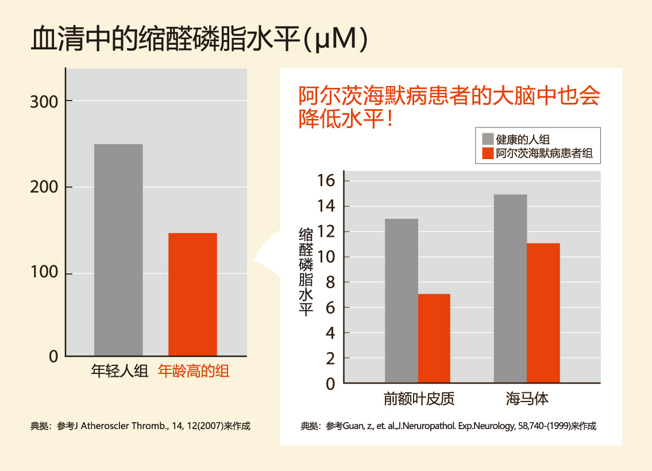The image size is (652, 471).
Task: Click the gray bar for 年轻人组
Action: pyautogui.click(x=118, y=250)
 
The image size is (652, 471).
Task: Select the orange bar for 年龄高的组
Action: pyautogui.click(x=192, y=294)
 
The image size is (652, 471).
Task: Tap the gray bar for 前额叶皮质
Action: pyautogui.click(x=402, y=300)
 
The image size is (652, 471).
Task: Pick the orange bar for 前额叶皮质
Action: pyautogui.click(x=434, y=338)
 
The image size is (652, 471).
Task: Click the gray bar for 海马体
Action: pyautogui.click(x=510, y=288)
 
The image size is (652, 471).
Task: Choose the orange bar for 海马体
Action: pyautogui.click(x=543, y=313)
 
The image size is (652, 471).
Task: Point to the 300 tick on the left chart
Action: pyautogui.click(x=44, y=102)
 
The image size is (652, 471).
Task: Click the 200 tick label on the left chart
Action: pyautogui.click(x=44, y=188)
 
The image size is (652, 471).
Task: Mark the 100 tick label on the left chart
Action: pyautogui.click(x=44, y=273)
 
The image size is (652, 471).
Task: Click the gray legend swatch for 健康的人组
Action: pyautogui.click(x=488, y=139)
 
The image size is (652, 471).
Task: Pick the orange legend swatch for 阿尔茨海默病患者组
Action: pyautogui.click(x=488, y=153)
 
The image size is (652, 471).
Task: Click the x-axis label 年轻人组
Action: pyautogui.click(x=120, y=372)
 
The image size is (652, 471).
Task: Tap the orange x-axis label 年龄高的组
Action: pyautogui.click(x=194, y=372)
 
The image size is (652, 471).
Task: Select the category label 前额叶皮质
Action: pyautogui.click(x=419, y=399)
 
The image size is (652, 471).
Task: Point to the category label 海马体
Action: pyautogui.click(x=527, y=399)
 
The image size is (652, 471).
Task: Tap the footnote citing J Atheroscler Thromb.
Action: pyautogui.click(x=141, y=426)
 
